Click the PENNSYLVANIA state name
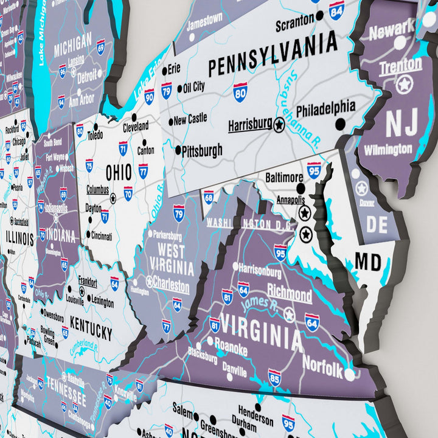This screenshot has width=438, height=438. tap(273, 55)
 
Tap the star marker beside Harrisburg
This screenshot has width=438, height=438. tap(279, 125)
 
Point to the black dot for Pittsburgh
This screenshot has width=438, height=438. tap(178, 150)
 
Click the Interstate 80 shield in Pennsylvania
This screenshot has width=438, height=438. tap(240, 92)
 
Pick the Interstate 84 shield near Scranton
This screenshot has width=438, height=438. tap(336, 9)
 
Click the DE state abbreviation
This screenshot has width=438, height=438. tap(377, 224)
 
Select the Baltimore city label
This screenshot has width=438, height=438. tap(284, 178)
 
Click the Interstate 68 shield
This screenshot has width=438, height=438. tap(209, 196)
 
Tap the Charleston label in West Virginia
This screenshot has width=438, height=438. tap(172, 283)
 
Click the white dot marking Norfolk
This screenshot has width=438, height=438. tap(349, 373)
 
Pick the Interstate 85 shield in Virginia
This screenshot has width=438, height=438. tap(275, 378)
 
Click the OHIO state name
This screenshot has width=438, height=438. tap(119, 173)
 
